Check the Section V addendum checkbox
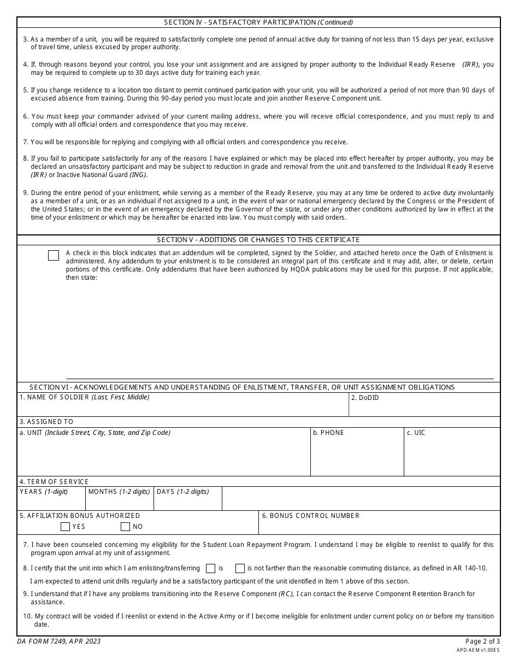click(x=54, y=256)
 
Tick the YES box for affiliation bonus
click(x=65, y=527)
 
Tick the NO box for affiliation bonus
click(x=125, y=527)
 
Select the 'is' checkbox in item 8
click(x=210, y=568)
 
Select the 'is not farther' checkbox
click(x=240, y=568)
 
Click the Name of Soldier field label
click(x=84, y=397)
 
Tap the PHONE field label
click(x=328, y=433)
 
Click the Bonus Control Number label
click(x=310, y=516)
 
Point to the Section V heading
click(x=258, y=240)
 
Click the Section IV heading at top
click(x=258, y=22)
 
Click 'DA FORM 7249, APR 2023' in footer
click(x=60, y=641)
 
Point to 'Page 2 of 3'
click(x=482, y=641)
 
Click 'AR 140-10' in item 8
click(x=471, y=568)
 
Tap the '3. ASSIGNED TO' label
click(x=46, y=422)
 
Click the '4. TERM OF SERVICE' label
click(x=54, y=482)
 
